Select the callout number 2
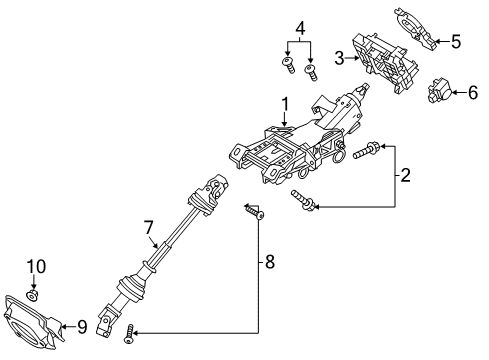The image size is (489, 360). pos(405,176)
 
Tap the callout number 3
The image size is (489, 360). pos(339,59)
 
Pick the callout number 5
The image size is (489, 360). pos(456,41)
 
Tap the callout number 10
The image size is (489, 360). pos(36,266)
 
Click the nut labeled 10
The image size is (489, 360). pos(34,295)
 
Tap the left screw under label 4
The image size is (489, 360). pos(288,65)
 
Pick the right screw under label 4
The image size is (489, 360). pos(311,71)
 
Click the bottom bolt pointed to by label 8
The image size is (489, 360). pos(128,338)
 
